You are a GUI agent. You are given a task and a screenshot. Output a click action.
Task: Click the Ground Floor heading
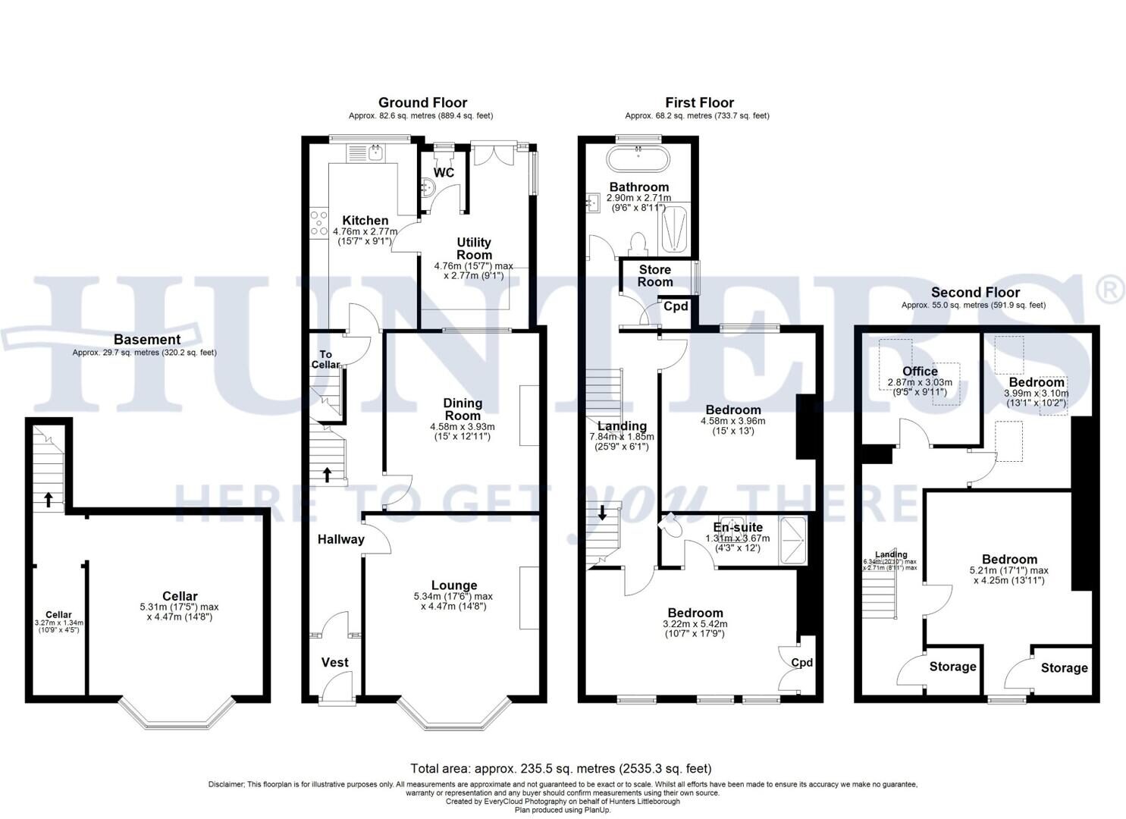pos(422,102)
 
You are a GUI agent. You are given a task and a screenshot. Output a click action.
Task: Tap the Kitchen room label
pos(365,221)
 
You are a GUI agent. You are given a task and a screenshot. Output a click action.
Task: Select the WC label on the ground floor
pos(444,173)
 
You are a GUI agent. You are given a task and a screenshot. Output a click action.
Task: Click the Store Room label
pos(654,275)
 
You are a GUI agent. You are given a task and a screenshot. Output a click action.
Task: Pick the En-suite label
pos(738,527)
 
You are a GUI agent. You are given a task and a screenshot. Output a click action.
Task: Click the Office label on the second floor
pos(920,371)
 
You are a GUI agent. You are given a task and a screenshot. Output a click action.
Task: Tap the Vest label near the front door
pos(334,662)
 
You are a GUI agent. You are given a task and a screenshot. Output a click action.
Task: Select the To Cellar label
pos(326,359)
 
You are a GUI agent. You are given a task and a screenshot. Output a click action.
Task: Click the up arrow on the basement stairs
pos(49,499)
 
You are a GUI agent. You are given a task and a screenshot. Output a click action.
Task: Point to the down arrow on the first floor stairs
pos(603,512)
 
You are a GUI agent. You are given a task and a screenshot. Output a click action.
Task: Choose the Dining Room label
pos(463,409)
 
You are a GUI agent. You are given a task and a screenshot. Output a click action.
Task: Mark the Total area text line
pos(561,769)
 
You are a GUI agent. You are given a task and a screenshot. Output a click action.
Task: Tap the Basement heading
pos(147,340)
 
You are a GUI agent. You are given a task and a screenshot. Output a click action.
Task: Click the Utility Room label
pos(474,249)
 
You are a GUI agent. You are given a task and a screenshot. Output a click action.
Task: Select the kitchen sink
pos(375,152)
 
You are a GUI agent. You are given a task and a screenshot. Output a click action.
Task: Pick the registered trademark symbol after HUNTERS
pos(1110,288)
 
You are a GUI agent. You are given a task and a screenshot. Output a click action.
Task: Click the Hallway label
pos(340,539)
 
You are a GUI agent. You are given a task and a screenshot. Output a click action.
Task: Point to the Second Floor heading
pos(975,292)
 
